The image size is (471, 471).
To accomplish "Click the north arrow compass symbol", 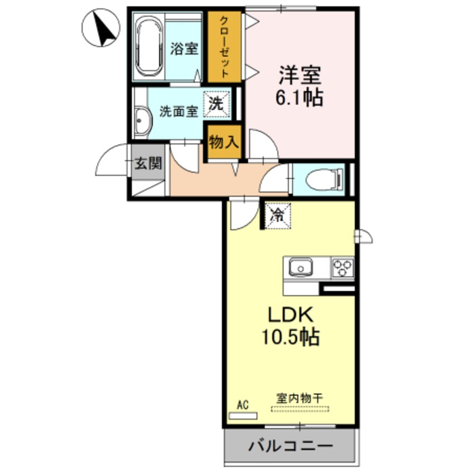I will [x=100, y=28].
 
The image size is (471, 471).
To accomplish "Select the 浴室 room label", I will [x=184, y=48].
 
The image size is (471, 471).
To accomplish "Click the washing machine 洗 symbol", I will [x=216, y=104].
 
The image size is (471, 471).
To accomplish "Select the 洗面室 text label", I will [x=179, y=111].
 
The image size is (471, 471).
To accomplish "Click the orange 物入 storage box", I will [x=224, y=143].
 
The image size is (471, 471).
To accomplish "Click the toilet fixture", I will [x=322, y=179].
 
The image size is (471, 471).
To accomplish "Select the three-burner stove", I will [x=342, y=268].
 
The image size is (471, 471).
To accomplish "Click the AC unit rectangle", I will [x=243, y=415].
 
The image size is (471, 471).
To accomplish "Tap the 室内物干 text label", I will [x=300, y=398].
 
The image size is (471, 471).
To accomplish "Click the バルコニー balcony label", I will [x=290, y=445].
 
